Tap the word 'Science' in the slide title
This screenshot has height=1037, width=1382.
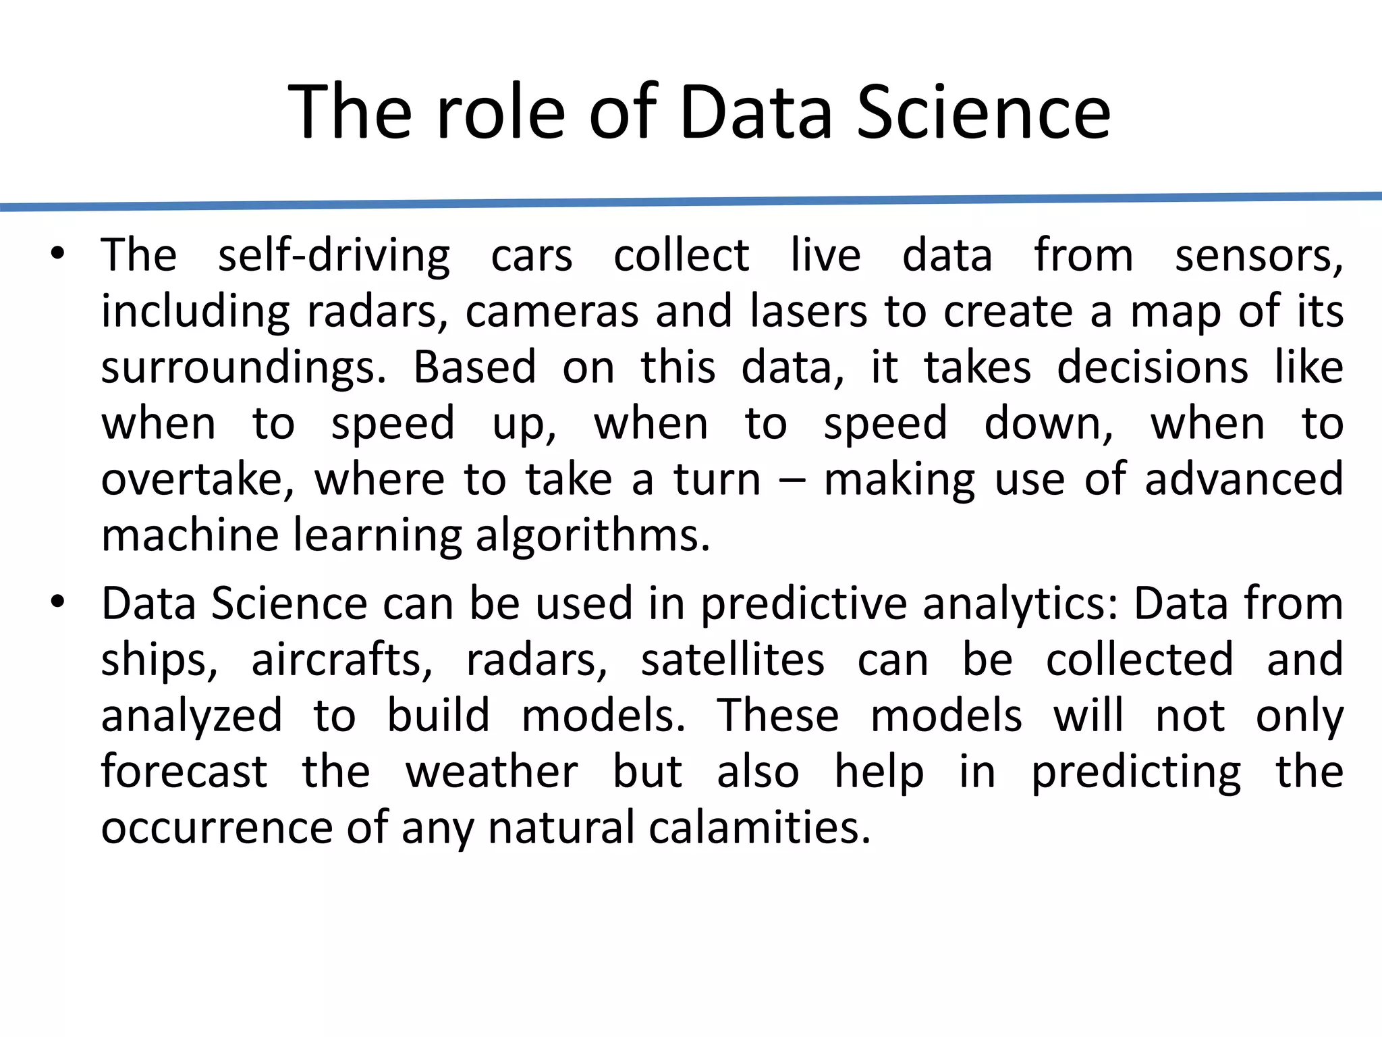pyautogui.click(x=983, y=113)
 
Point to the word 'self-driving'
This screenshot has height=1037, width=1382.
pyautogui.click(x=334, y=257)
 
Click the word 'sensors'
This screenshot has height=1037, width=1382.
pyautogui.click(x=1258, y=257)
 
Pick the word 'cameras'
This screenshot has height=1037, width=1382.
pyautogui.click(x=552, y=312)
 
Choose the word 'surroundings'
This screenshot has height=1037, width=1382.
pyautogui.click(x=244, y=369)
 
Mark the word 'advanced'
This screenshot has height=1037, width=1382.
pyautogui.click(x=1244, y=479)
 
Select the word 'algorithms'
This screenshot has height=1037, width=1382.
pyautogui.click(x=592, y=536)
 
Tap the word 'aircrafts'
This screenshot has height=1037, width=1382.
pyautogui.click(x=341, y=660)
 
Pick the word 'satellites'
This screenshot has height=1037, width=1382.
pyautogui.click(x=732, y=660)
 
